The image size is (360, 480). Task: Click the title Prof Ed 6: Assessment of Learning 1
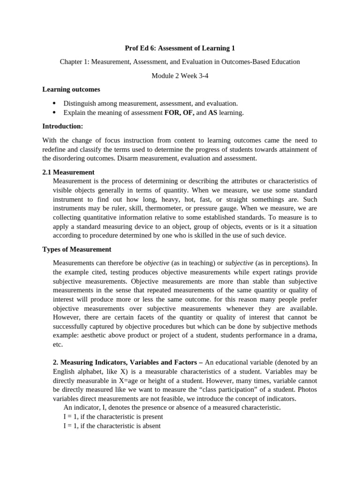180,48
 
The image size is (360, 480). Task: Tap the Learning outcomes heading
71,89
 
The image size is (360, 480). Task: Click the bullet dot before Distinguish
54,103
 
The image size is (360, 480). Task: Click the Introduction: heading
63,126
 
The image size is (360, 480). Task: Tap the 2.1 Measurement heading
68,172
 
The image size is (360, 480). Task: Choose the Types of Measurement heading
77,249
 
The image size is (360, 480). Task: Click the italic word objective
156,263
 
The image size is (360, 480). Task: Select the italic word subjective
239,263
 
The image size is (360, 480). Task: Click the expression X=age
133,380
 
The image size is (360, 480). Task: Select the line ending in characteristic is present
108,416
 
